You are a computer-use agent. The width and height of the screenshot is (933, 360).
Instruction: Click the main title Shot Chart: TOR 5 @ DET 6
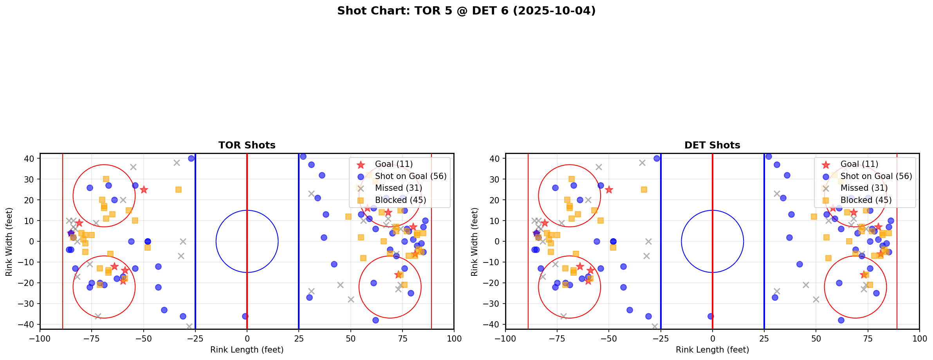tap(466, 11)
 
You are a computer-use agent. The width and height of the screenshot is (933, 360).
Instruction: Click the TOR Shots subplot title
tap(247, 145)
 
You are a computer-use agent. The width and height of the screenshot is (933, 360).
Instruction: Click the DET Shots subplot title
tap(712, 145)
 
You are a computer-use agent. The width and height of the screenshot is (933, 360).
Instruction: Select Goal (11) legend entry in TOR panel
tap(393, 164)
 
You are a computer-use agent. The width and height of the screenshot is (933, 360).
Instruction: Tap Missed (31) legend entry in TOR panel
tap(398, 188)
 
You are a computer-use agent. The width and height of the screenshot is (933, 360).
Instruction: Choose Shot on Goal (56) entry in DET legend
tap(876, 176)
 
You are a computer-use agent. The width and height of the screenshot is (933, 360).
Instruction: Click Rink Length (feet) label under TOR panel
tap(247, 350)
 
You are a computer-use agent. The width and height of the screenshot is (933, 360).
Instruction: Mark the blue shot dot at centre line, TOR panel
tap(245, 316)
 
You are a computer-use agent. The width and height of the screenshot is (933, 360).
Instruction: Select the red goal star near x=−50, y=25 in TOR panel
tap(144, 190)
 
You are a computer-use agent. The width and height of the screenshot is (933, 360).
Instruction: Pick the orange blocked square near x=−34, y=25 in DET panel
tap(644, 190)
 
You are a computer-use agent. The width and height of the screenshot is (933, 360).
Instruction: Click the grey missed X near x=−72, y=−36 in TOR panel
tap(98, 316)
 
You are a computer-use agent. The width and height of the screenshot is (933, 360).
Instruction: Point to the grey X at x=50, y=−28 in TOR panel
tap(351, 299)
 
